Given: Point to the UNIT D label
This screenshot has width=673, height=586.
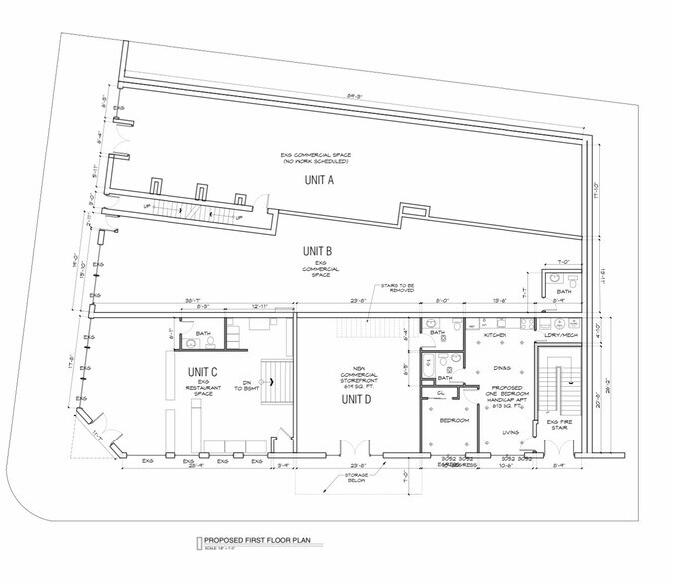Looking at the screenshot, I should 357,398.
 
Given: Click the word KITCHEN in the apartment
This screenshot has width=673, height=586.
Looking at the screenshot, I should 496,335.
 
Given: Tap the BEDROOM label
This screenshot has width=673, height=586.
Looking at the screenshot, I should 453,421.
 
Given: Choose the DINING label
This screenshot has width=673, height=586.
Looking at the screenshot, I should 504,368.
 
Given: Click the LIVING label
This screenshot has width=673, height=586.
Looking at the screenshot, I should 510,432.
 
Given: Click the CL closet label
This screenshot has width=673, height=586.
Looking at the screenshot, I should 440,392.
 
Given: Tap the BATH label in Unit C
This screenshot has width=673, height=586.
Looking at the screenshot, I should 203,333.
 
